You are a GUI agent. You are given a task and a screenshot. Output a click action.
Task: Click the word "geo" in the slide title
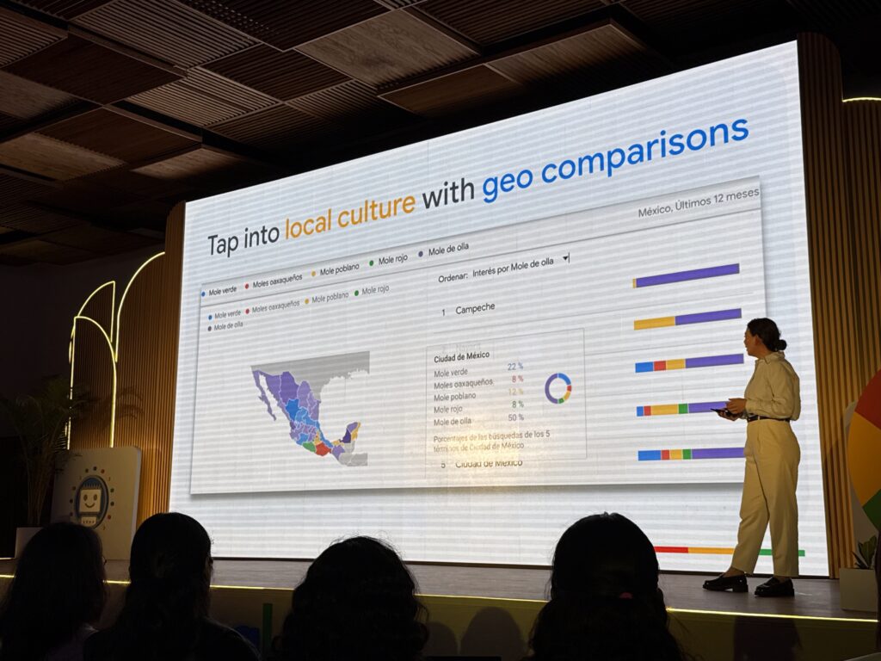(507, 180)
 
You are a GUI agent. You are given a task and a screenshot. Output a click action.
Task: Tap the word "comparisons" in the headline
(644, 148)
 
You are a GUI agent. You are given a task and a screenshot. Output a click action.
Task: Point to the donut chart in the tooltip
(558, 388)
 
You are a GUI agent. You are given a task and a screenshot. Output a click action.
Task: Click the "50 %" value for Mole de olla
(515, 417)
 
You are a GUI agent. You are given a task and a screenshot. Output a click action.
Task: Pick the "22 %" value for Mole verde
(514, 368)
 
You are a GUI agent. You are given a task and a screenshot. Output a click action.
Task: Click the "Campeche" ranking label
(475, 308)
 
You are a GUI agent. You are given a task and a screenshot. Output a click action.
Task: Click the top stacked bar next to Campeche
(687, 275)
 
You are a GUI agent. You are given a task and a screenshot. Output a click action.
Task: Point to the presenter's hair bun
(779, 343)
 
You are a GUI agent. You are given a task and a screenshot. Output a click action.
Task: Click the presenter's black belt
(766, 418)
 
